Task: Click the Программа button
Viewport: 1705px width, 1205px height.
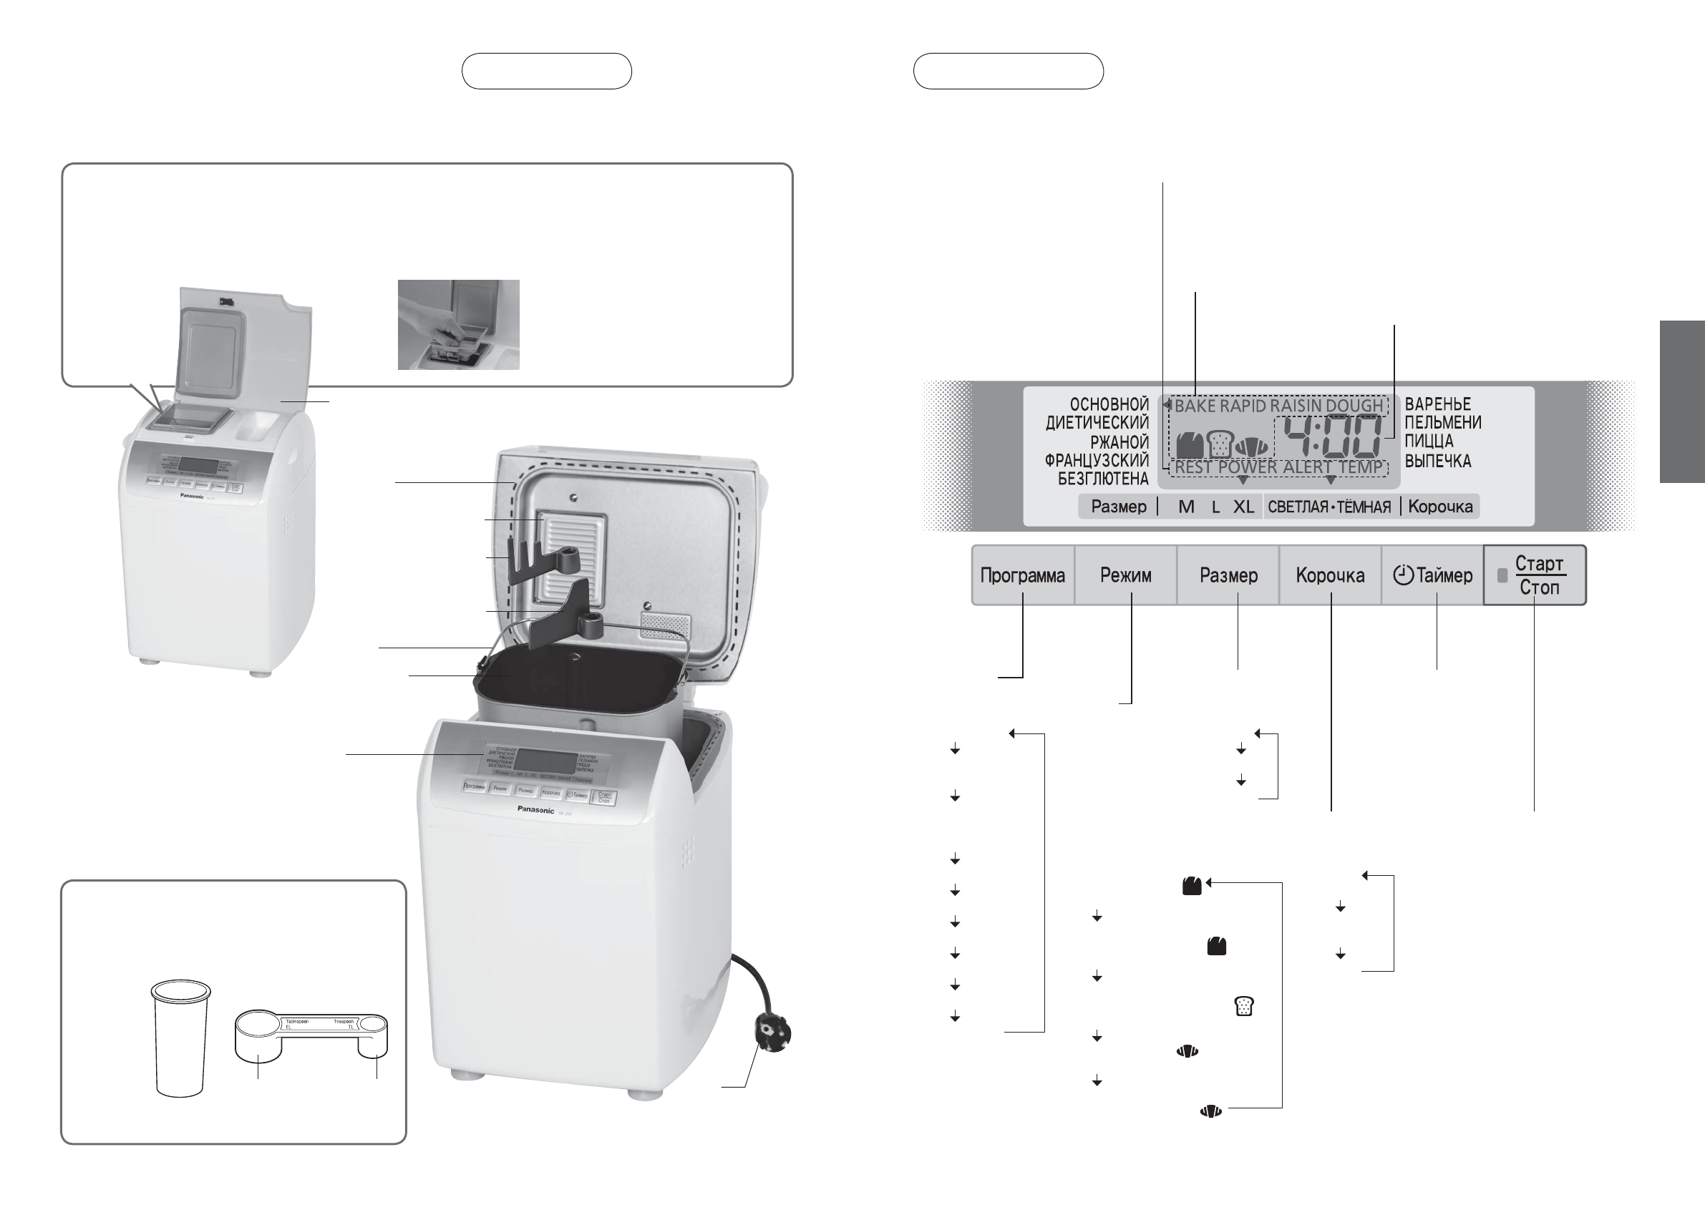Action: coord(1023,575)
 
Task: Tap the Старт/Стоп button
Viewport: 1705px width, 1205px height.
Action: coord(1535,575)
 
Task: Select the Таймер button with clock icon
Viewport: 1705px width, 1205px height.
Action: coord(1432,575)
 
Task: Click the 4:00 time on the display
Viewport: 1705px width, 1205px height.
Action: coord(1333,437)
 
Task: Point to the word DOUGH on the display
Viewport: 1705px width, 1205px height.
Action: coord(1354,406)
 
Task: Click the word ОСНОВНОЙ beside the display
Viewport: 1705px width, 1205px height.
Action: coord(1109,404)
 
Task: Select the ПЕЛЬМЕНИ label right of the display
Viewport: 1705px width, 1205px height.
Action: coord(1443,422)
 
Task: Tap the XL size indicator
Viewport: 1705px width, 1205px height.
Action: coord(1243,507)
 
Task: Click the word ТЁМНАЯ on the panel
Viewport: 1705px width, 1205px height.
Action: coord(1364,507)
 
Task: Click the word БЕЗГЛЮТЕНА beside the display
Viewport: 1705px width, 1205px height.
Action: coord(1103,479)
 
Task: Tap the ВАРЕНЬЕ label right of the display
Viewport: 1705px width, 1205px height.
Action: coord(1438,404)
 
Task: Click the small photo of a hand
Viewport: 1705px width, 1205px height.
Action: coord(458,324)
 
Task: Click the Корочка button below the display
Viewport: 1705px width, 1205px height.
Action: coord(1330,575)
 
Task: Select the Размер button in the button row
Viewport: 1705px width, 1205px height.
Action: coord(1228,575)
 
